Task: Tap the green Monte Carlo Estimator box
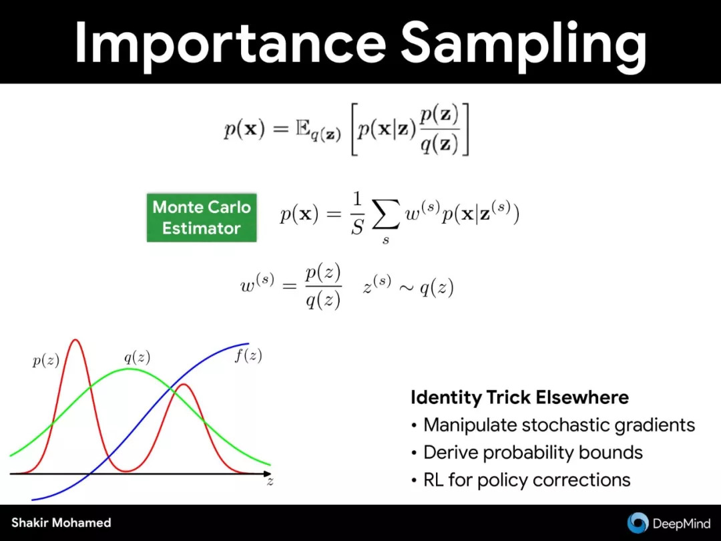pyautogui.click(x=202, y=218)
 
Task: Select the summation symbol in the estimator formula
pyautogui.click(x=385, y=218)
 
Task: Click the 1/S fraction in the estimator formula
pyautogui.click(x=357, y=214)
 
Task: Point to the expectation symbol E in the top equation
pyautogui.click(x=302, y=128)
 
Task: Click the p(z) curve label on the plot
pyautogui.click(x=46, y=360)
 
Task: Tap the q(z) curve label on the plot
pyautogui.click(x=137, y=357)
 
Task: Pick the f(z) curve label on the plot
pyautogui.click(x=248, y=355)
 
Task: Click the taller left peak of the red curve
pyautogui.click(x=75, y=340)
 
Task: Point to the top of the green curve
pyautogui.click(x=130, y=369)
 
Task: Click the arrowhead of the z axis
pyautogui.click(x=268, y=474)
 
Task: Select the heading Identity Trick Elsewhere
pyautogui.click(x=519, y=397)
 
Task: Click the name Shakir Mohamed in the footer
pyautogui.click(x=61, y=522)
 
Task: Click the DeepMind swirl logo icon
pyautogui.click(x=638, y=523)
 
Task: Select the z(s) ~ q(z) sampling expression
pyautogui.click(x=409, y=287)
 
